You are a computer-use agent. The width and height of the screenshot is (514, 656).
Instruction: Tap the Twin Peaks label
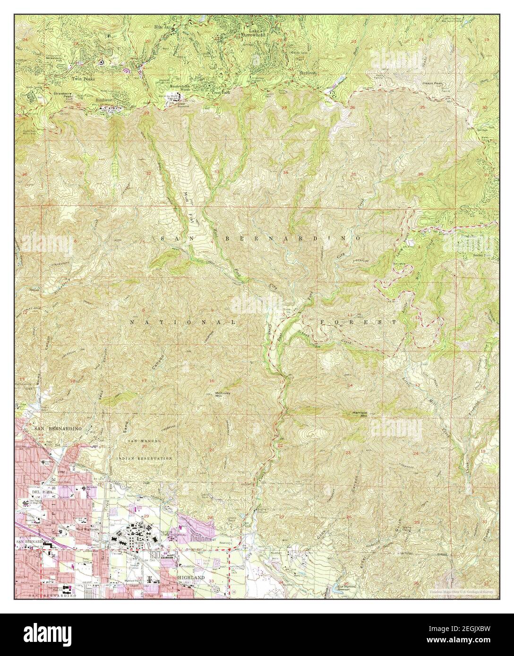pos(83,79)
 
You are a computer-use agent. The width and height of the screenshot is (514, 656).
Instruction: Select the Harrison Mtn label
pos(360,414)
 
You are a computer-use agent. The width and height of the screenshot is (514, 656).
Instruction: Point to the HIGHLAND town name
pos(191,577)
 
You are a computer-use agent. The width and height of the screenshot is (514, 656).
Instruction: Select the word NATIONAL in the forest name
pos(182,322)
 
